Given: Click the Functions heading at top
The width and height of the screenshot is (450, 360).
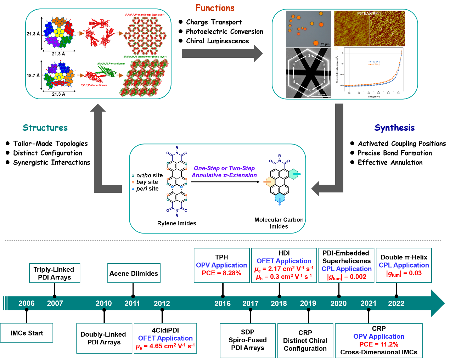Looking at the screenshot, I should click(215, 8).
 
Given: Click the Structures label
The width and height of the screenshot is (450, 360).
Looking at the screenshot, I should click(45, 128).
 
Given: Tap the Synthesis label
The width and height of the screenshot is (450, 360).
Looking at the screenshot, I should click(394, 128).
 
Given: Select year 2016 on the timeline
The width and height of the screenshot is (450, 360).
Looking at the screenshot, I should click(222, 303).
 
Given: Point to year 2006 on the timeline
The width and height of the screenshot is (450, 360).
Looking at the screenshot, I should click(27, 303).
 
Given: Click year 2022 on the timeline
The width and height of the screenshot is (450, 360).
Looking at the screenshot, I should click(396, 303).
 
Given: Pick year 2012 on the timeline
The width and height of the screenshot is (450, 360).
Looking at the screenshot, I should click(162, 303).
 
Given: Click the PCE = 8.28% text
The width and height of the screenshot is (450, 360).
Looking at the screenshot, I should click(221, 273).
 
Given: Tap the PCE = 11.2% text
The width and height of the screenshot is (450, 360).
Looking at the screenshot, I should click(378, 344).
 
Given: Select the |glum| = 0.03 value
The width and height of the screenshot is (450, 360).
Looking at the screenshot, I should click(404, 273).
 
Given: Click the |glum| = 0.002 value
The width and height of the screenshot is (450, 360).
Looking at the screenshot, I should click(347, 277).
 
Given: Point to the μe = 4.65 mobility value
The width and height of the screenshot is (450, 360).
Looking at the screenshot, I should click(165, 346).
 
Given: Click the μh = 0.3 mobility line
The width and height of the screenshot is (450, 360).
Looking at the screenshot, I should click(283, 277).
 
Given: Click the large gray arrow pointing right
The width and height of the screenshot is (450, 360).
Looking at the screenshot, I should click(222, 53).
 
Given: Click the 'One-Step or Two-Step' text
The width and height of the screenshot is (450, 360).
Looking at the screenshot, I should click(224, 168).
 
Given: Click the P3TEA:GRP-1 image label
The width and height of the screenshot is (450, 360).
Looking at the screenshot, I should click(369, 13).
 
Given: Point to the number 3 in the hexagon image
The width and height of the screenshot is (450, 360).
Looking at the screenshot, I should click(309, 56).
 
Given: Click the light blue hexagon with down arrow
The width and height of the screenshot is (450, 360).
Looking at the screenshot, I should click(280, 198).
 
